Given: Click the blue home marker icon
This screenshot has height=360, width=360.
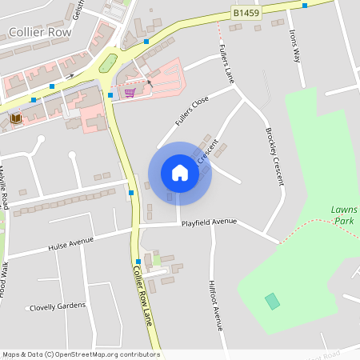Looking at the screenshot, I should click(x=179, y=173).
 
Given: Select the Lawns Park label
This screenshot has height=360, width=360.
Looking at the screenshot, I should click(x=343, y=214).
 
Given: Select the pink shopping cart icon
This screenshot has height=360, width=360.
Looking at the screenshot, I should click(x=130, y=93).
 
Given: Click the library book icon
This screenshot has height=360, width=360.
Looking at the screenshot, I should click(x=15, y=118).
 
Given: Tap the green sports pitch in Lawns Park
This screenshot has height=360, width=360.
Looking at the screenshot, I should click(x=273, y=301).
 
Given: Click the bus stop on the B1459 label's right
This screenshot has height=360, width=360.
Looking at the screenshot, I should click(x=305, y=6).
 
